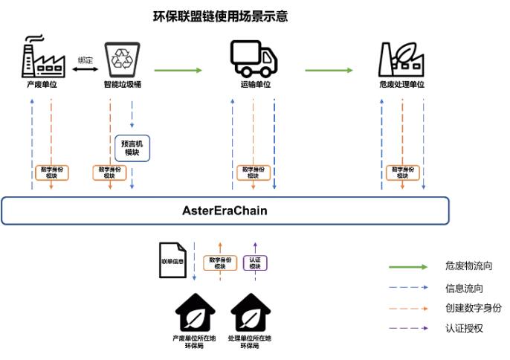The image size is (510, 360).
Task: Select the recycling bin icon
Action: click(x=120, y=60)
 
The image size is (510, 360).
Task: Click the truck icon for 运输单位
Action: click(x=254, y=58)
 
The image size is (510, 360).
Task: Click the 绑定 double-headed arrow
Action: click(x=86, y=70)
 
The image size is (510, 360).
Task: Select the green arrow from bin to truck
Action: click(x=178, y=71)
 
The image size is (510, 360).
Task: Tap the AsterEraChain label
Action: click(x=225, y=210)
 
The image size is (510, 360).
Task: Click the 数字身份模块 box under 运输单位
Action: click(x=254, y=173)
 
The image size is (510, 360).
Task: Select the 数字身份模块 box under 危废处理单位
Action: click(x=402, y=173)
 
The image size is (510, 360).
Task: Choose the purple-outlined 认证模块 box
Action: click(x=255, y=263)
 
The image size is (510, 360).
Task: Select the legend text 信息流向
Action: click(x=463, y=288)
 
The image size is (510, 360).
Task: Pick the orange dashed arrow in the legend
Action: click(x=408, y=307)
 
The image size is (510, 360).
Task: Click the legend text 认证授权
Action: click(x=463, y=327)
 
